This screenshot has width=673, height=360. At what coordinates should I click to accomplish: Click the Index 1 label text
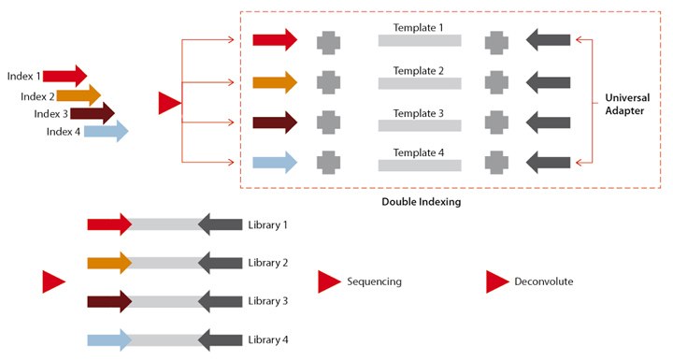(x=24, y=76)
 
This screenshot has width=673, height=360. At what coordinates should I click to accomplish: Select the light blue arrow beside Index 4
(x=106, y=132)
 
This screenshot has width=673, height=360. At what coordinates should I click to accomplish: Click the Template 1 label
(x=418, y=28)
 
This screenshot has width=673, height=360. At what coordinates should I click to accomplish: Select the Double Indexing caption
(x=422, y=201)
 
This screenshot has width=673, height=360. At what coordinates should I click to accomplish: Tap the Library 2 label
(x=267, y=263)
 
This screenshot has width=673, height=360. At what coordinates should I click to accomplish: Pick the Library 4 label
(x=267, y=338)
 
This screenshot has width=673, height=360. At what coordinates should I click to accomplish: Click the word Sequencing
(x=374, y=281)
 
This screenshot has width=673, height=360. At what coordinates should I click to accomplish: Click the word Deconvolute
(x=543, y=281)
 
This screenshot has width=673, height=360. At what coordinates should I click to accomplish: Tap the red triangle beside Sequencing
(x=328, y=281)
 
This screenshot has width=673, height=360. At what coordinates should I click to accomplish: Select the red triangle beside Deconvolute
(x=496, y=281)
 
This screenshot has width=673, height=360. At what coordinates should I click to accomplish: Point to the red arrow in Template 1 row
(x=275, y=39)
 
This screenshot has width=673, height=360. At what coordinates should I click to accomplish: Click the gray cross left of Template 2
(x=328, y=81)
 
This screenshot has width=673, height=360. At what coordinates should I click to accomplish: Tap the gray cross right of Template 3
(x=497, y=122)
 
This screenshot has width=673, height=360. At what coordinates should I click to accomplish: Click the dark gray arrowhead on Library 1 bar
(x=221, y=225)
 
